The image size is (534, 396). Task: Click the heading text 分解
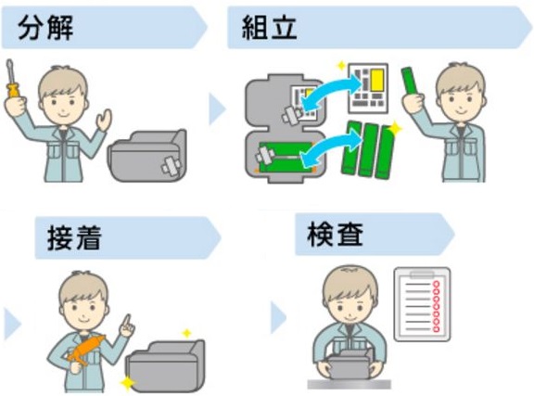[x=45, y=28]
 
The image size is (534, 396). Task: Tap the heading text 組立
[x=269, y=28]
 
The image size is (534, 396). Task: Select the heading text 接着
[x=74, y=237]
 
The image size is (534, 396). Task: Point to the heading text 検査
[x=335, y=235]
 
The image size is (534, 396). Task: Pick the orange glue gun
[x=85, y=350]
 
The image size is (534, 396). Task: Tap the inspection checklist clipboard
[x=422, y=304]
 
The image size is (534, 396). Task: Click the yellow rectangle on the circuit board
[x=377, y=80]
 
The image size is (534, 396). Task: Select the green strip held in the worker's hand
[x=409, y=82]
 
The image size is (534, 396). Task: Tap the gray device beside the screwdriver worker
[x=147, y=156]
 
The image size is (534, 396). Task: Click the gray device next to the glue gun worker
[x=166, y=365]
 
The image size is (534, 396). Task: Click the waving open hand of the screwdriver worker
[x=104, y=120]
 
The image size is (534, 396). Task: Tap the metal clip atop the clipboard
[x=422, y=274]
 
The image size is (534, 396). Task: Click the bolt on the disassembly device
[x=172, y=166]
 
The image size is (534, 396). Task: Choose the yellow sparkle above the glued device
[x=186, y=333]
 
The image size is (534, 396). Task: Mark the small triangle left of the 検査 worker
[x=278, y=318]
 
